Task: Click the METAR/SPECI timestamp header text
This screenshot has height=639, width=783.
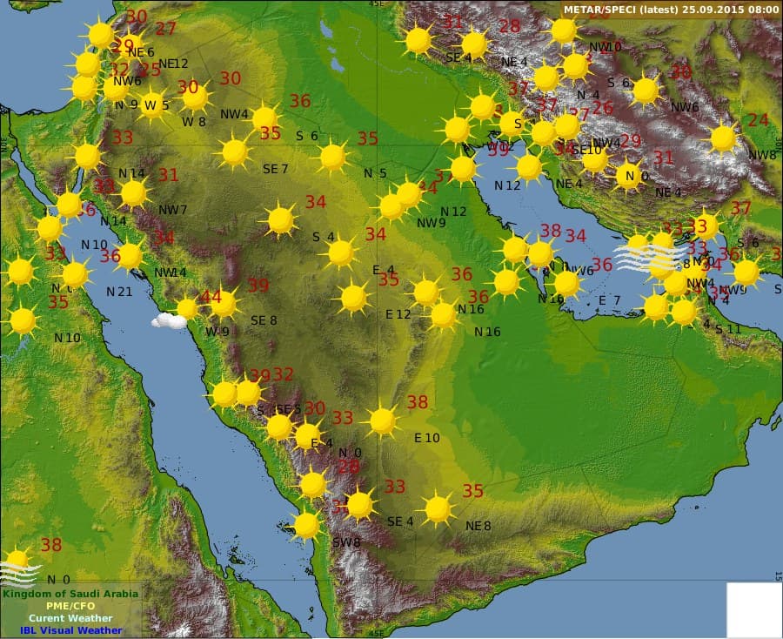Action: pyautogui.click(x=671, y=10)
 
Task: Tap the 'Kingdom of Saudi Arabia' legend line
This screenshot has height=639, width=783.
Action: pyautogui.click(x=70, y=594)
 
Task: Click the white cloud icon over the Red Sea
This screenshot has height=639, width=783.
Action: pyautogui.click(x=168, y=320)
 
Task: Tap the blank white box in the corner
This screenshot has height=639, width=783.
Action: pyautogui.click(x=753, y=609)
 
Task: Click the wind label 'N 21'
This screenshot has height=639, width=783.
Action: pyautogui.click(x=119, y=292)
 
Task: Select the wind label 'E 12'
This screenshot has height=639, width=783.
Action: pyautogui.click(x=398, y=314)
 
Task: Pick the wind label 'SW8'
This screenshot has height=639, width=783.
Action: pyautogui.click(x=346, y=542)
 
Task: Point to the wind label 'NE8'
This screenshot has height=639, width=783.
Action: pyautogui.click(x=478, y=526)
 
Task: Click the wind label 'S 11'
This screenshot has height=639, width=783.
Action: pyautogui.click(x=727, y=329)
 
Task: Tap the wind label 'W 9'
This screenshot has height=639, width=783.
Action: pyautogui.click(x=217, y=331)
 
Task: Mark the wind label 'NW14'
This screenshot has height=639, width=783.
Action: pyautogui.click(x=171, y=272)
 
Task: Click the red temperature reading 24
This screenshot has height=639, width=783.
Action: pyautogui.click(x=758, y=120)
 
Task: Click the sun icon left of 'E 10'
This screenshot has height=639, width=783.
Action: pyautogui.click(x=383, y=421)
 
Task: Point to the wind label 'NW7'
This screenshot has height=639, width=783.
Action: pyautogui.click(x=172, y=210)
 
